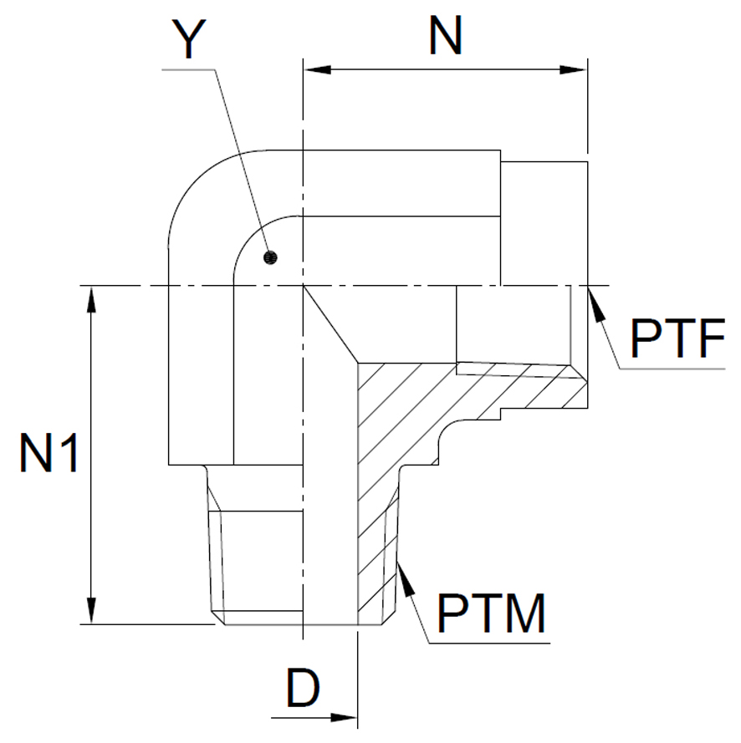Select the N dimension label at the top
[445, 35]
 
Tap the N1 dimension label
[49, 453]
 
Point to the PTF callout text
[677, 338]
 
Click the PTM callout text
[491, 613]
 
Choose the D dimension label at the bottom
[303, 688]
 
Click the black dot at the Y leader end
[270, 257]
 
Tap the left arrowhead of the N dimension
[318, 69]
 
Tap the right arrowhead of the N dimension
[573, 69]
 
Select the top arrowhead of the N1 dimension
[91, 299]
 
